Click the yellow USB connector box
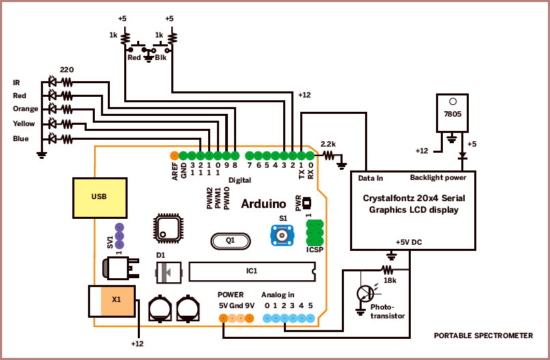pos(99,198)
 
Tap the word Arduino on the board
pos(263,203)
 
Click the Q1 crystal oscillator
pos(230,240)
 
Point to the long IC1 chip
pos(252,271)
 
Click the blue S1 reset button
pos(281,235)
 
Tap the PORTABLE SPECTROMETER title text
pos(484,336)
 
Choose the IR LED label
pos(16,82)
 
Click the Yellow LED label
pos(23,123)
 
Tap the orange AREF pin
pos(174,155)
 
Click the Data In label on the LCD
pos(371,178)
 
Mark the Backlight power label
pos(437,178)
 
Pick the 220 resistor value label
pos(67,70)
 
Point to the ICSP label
pos(314,250)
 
